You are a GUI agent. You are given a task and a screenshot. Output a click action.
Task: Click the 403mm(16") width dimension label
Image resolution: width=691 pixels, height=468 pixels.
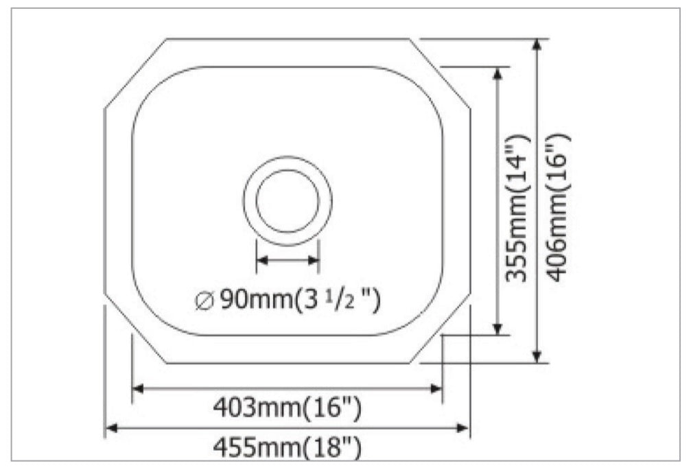pos(286,409)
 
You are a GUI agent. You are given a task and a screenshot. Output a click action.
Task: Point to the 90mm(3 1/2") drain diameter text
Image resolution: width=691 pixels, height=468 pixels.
pos(288,300)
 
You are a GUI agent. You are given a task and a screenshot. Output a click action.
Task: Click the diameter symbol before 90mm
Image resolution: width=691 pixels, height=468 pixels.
pos(205,300)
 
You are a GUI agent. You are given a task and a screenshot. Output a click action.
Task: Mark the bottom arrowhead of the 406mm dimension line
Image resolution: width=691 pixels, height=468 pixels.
pos(538,357)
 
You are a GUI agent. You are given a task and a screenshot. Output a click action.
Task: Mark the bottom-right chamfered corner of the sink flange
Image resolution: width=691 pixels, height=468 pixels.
pos(441,329)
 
